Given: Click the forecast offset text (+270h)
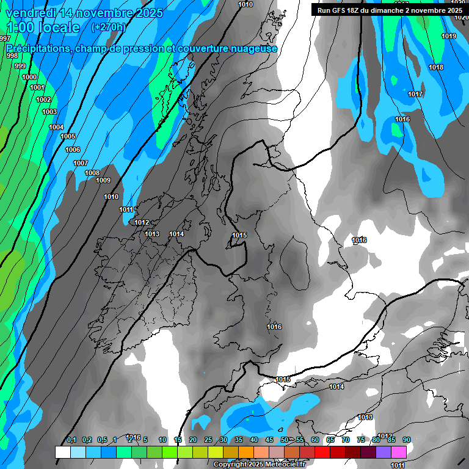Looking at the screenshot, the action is coord(108,27).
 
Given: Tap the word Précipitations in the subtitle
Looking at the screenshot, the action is coord(35,48).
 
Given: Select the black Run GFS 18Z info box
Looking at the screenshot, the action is coord(390,10).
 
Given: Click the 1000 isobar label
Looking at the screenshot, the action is coord(29,77).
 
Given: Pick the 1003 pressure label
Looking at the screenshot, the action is coord(49,112).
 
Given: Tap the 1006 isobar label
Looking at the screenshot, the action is coord(73,150).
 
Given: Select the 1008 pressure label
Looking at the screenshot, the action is coord(92,173).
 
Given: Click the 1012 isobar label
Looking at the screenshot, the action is coord(142,222).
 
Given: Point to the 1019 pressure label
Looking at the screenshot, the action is coord(449,36).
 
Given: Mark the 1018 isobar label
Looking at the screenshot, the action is coord(436,67).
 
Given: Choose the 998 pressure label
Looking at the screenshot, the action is coord(12,56).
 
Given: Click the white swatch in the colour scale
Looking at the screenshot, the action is coord(62,452).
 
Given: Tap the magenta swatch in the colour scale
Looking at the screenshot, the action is coord(399,452).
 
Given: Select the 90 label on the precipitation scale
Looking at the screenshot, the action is coord(407,440).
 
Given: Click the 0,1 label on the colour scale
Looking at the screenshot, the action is coord(71,440).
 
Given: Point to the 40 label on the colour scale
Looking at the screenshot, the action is coord(254,440).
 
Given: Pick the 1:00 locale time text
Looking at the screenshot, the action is coord(43,27).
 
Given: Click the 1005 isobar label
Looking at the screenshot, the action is coord(68,136).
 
